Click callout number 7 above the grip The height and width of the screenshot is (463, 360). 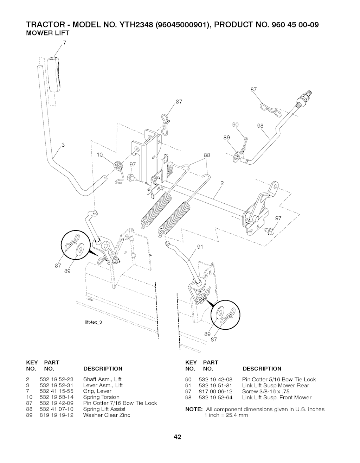[64, 43]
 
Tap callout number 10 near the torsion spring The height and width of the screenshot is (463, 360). [99, 155]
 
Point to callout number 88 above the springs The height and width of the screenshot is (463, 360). [207, 155]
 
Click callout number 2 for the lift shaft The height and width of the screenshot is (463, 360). [222, 183]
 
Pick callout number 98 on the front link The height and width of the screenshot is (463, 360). [260, 126]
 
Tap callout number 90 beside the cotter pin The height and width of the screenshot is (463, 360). [235, 125]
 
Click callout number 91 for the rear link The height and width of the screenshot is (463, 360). [200, 247]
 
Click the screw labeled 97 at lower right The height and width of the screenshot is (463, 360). [269, 231]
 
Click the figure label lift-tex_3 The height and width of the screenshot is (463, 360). [93, 322]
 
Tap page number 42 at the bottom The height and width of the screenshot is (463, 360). [177, 437]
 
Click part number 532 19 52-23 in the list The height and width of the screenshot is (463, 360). [56, 379]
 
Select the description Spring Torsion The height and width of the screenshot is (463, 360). [101, 397]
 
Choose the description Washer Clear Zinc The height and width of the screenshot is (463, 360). [107, 415]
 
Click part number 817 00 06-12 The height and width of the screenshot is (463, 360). [216, 392]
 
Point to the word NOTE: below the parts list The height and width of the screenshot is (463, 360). [194, 409]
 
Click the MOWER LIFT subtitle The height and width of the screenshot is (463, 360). [48, 33]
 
